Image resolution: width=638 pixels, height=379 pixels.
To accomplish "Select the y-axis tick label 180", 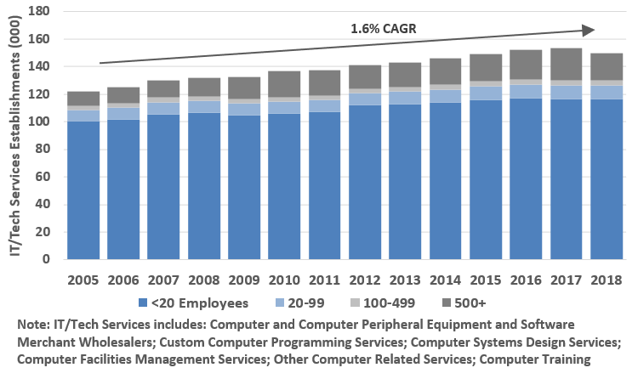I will click(x=40, y=11).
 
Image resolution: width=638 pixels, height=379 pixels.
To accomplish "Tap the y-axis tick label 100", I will click(x=40, y=122).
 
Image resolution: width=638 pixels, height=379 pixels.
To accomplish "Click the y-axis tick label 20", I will click(x=43, y=232).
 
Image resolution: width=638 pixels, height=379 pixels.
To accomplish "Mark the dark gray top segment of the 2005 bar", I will click(x=83, y=99).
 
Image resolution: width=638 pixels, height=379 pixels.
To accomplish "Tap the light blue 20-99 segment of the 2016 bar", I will click(x=527, y=92).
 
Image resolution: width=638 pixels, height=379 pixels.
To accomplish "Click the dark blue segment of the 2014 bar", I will click(x=447, y=183).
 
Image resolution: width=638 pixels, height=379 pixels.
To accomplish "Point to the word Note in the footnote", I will click(x=33, y=325).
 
